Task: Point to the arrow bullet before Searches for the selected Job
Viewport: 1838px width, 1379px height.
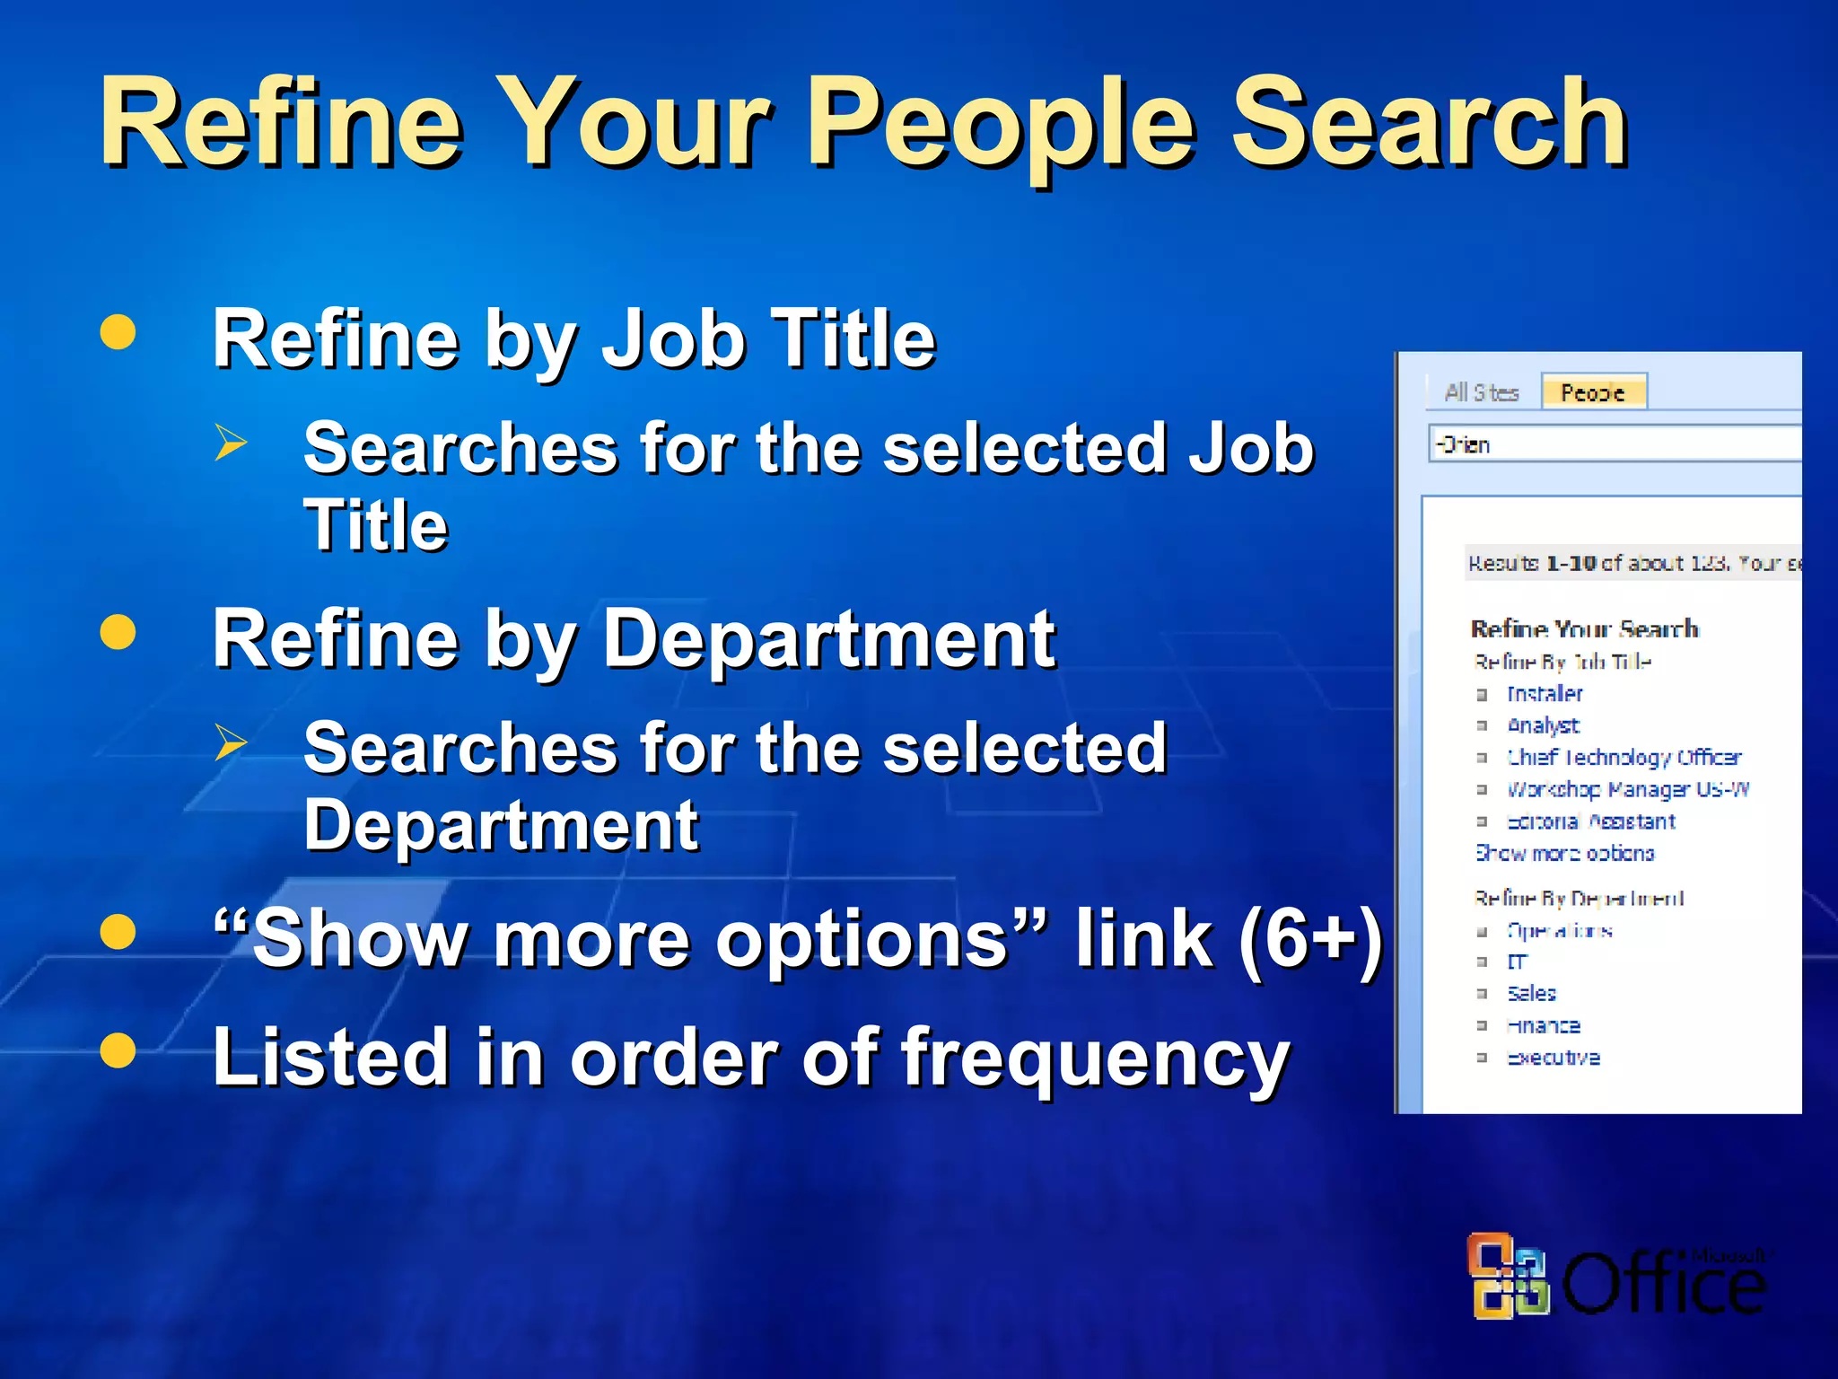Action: point(231,443)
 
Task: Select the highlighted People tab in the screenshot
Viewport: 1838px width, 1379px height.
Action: point(1593,392)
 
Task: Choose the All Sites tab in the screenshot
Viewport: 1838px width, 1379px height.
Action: point(1481,392)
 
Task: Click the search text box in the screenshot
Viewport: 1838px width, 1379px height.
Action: point(1615,444)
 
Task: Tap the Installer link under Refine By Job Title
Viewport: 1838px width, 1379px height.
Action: point(1545,694)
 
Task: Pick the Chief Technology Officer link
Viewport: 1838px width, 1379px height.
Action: point(1624,758)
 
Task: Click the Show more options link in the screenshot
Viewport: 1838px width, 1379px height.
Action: point(1564,854)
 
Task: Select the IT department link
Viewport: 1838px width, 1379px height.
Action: point(1517,962)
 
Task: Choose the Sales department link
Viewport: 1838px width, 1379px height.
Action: point(1531,994)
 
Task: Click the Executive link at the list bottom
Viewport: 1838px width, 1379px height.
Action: point(1553,1058)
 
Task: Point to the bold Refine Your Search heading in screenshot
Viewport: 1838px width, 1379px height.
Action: point(1584,628)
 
